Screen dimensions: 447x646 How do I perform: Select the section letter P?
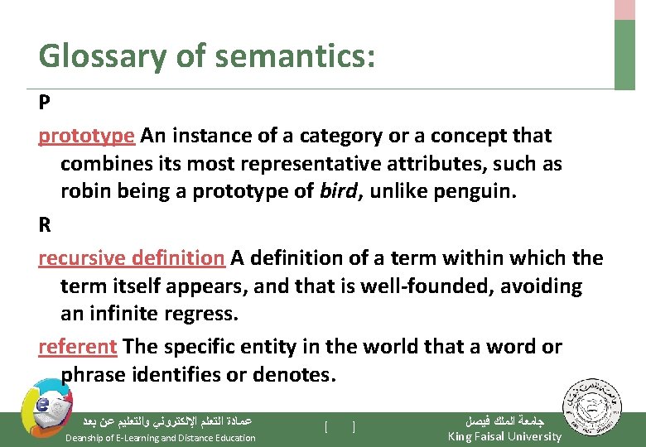44,103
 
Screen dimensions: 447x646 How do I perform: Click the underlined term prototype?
86,136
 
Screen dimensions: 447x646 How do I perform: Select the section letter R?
44,225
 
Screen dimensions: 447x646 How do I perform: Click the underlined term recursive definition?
131,257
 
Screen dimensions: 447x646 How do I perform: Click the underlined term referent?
78,346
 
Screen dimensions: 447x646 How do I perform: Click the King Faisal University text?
504,436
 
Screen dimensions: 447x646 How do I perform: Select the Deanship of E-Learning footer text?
161,437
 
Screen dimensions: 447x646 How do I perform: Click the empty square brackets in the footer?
340,427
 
